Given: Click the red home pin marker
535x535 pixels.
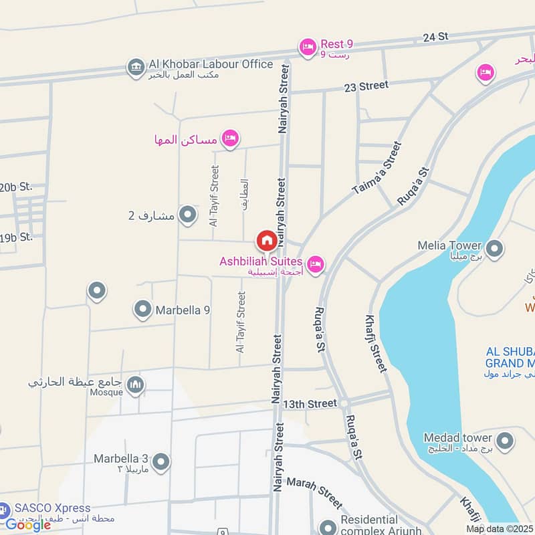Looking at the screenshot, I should (x=266, y=240).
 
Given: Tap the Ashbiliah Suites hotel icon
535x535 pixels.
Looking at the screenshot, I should (x=316, y=264).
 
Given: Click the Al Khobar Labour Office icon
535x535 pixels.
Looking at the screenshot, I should (x=136, y=68).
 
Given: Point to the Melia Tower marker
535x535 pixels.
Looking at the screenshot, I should (x=494, y=249).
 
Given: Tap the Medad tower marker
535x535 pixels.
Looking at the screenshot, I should (x=505, y=441).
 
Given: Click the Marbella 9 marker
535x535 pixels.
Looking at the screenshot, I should (x=142, y=309).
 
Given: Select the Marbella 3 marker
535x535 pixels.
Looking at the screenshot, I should (x=160, y=461).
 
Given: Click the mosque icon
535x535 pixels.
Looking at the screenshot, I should (x=136, y=385).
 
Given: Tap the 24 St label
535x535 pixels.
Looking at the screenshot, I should (x=435, y=37).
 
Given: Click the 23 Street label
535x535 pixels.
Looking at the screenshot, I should (x=366, y=86).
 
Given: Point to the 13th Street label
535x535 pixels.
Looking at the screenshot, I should (x=310, y=404).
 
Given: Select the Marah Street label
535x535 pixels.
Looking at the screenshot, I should (x=314, y=492).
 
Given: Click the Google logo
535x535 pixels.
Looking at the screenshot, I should (x=28, y=525).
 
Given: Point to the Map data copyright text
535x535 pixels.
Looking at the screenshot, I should (x=500, y=529).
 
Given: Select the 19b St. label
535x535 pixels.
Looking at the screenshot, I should (x=16, y=237).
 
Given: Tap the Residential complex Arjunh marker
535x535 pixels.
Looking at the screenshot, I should (x=328, y=527).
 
